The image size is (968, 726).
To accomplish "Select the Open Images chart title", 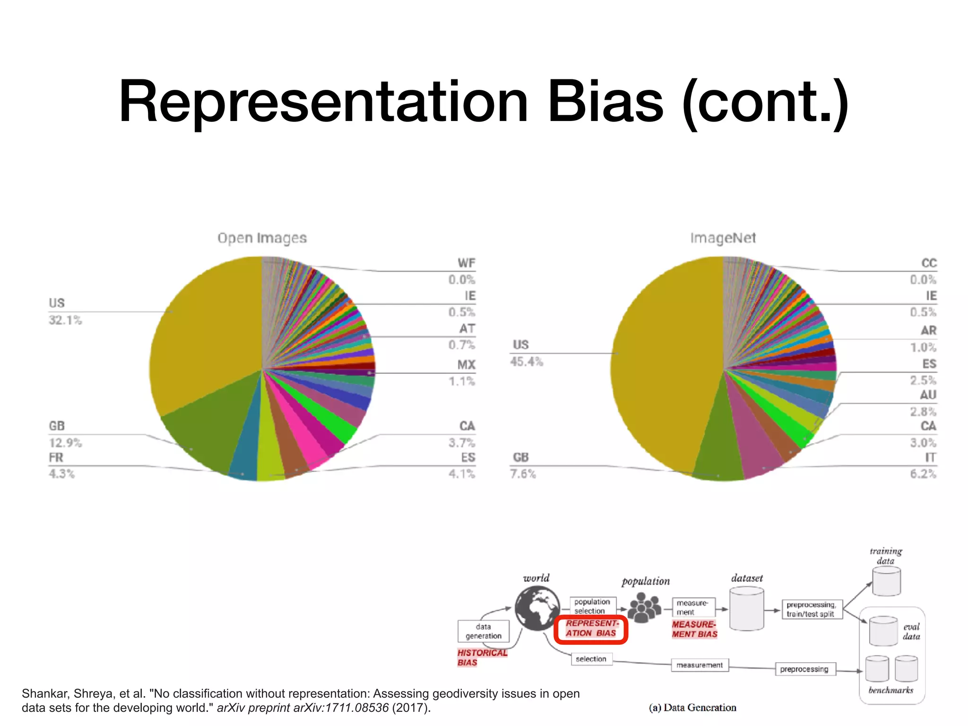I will pos(262,238).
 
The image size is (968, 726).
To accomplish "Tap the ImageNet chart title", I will pos(723,238).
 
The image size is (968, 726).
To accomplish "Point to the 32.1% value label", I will pos(65,320).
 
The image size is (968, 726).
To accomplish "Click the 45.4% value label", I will pos(527,362).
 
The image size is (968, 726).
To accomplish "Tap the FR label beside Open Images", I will pos(56,458).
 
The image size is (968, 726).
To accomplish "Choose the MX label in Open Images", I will pos(466,365).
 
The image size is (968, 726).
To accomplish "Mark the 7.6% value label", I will pos(523,474).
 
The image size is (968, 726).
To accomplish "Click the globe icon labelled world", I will pos(537,608).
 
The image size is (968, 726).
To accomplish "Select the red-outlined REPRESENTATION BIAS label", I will pos(591,629).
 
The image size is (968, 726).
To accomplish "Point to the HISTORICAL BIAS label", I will pos(482,657).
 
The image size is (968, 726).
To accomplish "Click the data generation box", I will pos(484,631).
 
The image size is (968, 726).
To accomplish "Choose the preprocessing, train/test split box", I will pos(811,609).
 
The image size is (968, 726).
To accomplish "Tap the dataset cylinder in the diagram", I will pos(746,609).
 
